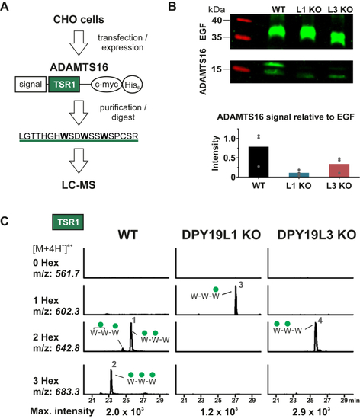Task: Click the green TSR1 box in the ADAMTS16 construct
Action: (x=64, y=84)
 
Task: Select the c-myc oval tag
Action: (x=107, y=85)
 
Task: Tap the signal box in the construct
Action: (x=31, y=84)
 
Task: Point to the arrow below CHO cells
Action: (x=79, y=43)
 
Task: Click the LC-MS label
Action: (x=79, y=185)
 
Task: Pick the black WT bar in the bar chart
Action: (x=259, y=162)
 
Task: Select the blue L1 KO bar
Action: (x=299, y=175)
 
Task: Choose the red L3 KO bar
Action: (x=339, y=171)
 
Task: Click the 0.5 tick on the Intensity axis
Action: (x=230, y=158)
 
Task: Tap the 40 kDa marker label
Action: (x=217, y=20)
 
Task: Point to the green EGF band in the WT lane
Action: (x=278, y=33)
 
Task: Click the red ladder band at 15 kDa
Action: (x=241, y=69)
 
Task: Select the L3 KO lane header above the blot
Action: (x=340, y=10)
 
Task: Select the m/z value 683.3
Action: (x=67, y=392)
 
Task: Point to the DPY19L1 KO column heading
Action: (x=221, y=235)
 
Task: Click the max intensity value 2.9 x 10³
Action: (x=311, y=411)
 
